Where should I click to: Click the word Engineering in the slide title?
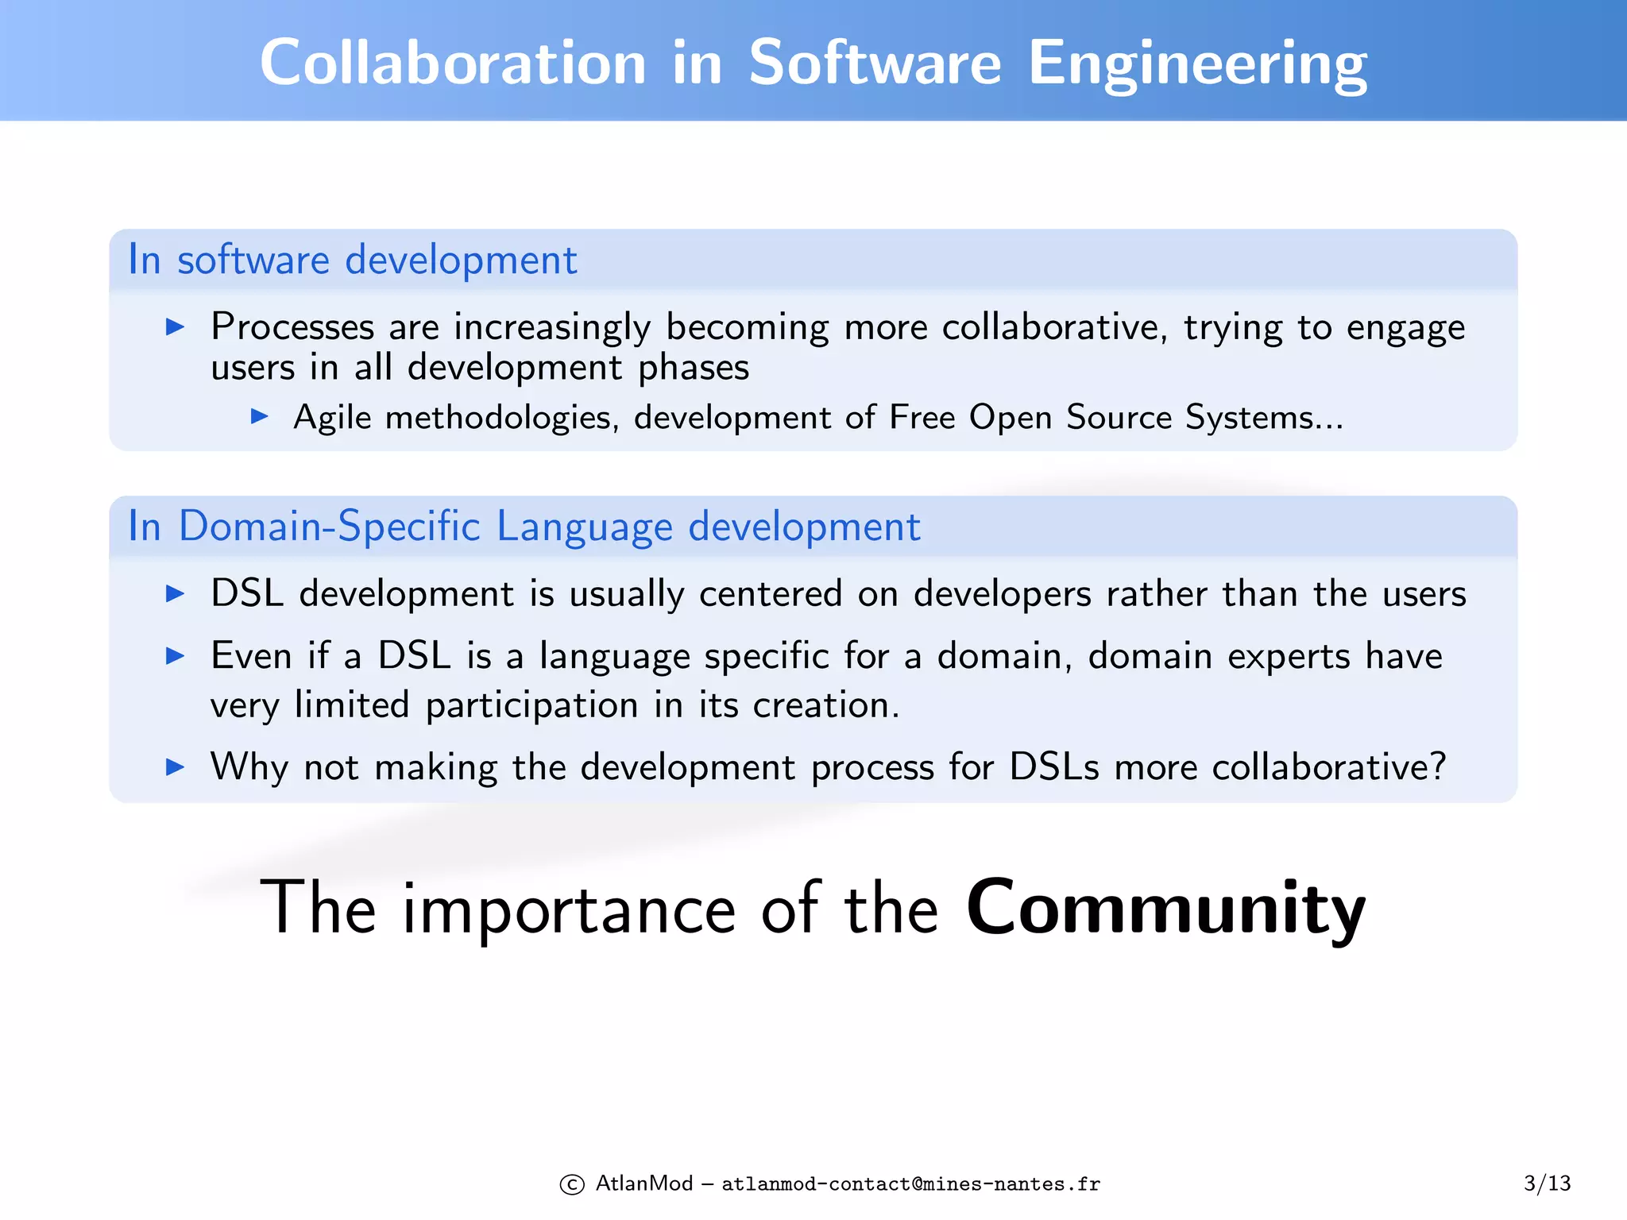coord(1197,64)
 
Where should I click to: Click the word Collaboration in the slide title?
coord(453,64)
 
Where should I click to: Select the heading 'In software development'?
coord(353,260)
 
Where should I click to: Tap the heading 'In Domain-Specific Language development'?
coord(524,526)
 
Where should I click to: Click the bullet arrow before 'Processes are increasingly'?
coord(175,326)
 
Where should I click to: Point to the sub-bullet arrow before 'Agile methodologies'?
coord(259,415)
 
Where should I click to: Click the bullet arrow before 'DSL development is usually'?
coord(175,593)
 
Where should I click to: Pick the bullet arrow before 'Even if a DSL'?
coord(175,655)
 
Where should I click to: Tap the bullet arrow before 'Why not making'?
coord(175,766)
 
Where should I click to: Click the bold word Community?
coord(1165,908)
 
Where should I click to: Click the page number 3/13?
coord(1547,1183)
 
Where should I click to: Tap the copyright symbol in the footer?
coord(572,1184)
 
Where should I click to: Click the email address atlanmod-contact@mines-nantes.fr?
coord(910,1184)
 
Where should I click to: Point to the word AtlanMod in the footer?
coord(644,1183)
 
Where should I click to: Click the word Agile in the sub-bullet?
coord(332,418)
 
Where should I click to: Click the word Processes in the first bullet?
coord(292,327)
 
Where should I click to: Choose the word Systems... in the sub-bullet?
coord(1264,418)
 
